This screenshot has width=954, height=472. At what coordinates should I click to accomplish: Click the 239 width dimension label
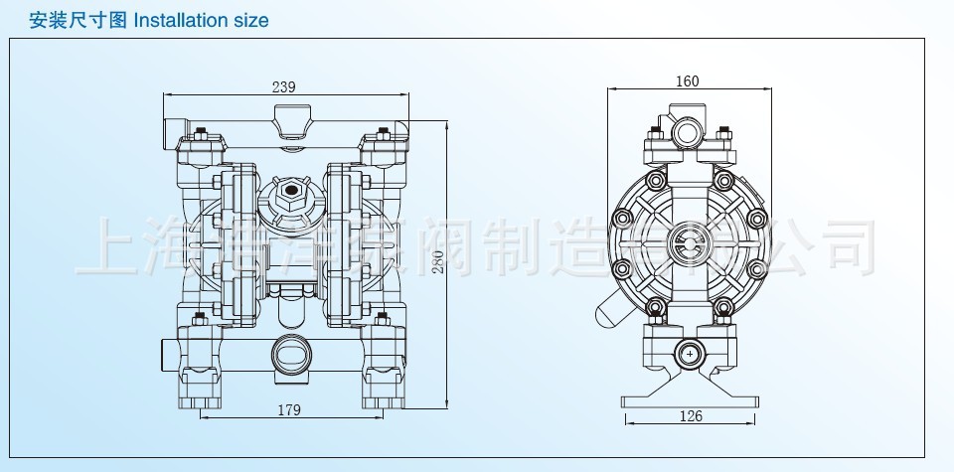[x=283, y=87]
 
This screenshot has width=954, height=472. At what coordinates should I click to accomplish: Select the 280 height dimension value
[x=437, y=261]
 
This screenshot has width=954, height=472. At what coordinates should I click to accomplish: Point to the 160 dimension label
[x=687, y=81]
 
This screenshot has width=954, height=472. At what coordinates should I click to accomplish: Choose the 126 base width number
[x=691, y=415]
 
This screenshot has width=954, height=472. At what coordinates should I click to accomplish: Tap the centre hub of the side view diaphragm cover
[x=687, y=239]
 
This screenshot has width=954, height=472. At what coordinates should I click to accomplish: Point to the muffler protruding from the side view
[x=608, y=311]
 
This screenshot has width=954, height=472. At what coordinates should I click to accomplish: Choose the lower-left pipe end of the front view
[x=170, y=352]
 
